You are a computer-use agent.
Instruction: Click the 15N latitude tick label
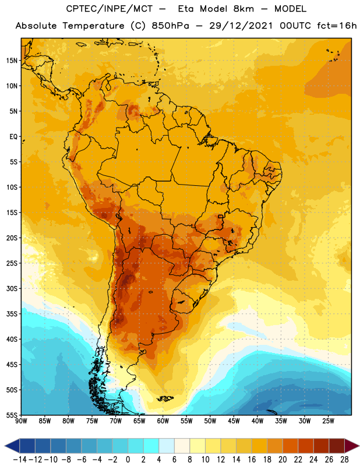(x=12, y=61)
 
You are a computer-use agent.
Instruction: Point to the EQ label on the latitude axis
(x=13, y=137)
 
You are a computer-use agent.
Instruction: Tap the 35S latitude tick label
(x=12, y=314)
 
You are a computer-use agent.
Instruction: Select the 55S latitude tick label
(x=12, y=415)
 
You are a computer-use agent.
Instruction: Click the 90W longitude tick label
(x=21, y=421)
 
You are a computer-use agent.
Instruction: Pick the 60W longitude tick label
(x=163, y=421)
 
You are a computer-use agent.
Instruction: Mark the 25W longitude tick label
(x=328, y=421)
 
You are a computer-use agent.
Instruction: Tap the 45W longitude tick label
(x=234, y=421)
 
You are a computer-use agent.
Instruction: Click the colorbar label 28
(x=344, y=460)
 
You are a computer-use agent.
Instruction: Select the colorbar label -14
(x=20, y=460)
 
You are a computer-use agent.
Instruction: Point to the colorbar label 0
(x=128, y=460)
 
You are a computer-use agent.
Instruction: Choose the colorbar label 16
(x=252, y=460)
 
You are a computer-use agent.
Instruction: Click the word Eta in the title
(x=186, y=9)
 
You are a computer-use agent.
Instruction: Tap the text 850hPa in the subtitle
(x=170, y=26)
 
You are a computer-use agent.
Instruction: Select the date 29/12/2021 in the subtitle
(x=241, y=26)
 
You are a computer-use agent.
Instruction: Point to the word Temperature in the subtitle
(x=93, y=26)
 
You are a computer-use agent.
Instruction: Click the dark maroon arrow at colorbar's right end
(x=351, y=446)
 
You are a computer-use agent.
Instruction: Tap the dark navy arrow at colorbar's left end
(x=12, y=446)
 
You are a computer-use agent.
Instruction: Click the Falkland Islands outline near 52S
(x=165, y=398)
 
